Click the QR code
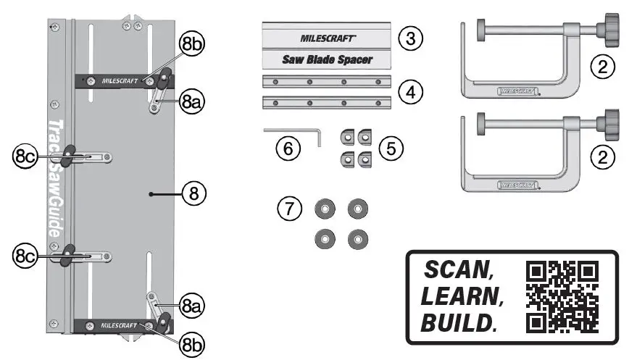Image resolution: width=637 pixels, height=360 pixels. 562,297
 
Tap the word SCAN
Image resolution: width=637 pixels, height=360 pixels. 459,271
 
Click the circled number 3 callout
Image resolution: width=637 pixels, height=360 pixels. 411,38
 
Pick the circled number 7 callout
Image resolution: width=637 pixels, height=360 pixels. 288,209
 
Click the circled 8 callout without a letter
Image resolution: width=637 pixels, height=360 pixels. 193,193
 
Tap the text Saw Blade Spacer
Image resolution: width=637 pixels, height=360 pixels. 327,59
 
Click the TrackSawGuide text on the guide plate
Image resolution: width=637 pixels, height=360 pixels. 54,180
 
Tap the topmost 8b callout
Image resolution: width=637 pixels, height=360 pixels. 192,45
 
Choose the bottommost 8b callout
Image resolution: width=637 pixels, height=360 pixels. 191,343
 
